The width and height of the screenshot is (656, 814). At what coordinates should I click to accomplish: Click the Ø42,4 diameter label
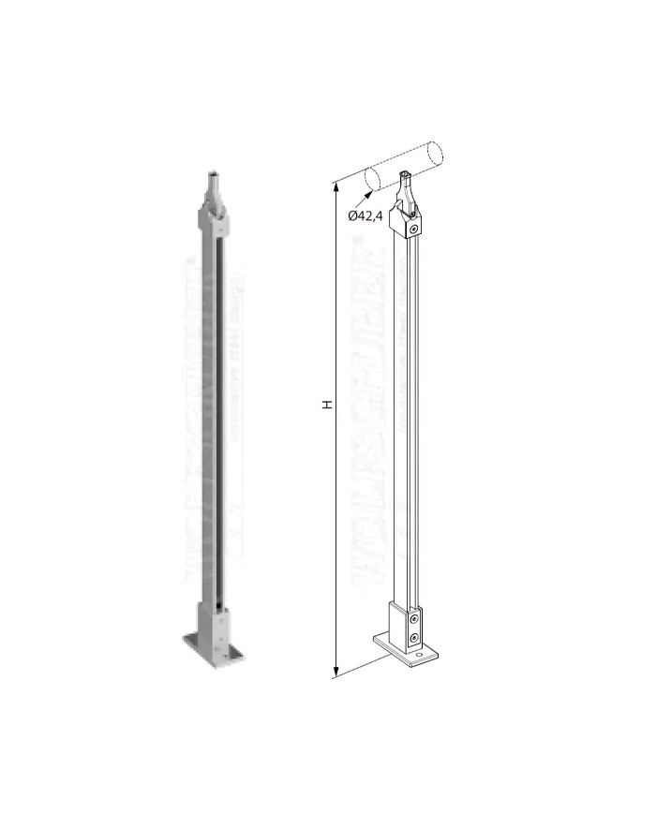tap(365, 215)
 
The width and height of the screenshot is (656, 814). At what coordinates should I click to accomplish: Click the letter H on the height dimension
tap(327, 405)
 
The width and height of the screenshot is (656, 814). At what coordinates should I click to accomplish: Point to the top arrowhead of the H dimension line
tap(336, 188)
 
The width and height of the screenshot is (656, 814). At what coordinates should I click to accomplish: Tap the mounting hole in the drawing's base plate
tap(420, 660)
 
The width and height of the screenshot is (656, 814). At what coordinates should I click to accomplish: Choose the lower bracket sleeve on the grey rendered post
tap(212, 619)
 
